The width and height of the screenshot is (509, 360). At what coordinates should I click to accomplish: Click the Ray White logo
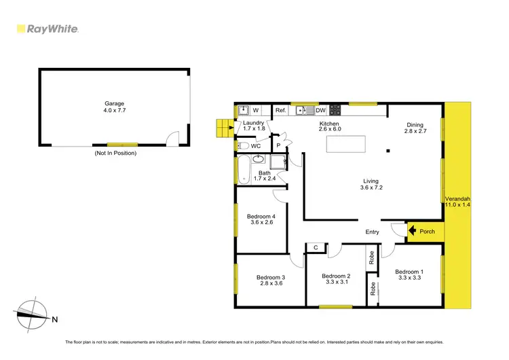(x=48, y=29)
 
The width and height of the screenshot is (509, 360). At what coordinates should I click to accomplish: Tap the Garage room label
(x=114, y=104)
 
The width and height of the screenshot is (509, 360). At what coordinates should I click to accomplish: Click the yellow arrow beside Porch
(x=412, y=232)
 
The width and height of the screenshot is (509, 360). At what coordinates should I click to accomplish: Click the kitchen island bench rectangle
(x=346, y=145)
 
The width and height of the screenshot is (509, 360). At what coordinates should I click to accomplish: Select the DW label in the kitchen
(x=320, y=110)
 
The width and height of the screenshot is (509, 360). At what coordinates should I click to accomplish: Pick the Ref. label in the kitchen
(x=280, y=110)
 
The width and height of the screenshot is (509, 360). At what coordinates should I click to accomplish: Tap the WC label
(x=255, y=145)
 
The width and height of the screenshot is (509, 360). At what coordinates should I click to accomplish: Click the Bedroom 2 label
(x=335, y=276)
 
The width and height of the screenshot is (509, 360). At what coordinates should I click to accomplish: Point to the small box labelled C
(x=315, y=247)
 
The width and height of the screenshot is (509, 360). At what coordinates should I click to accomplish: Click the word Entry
(x=373, y=232)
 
